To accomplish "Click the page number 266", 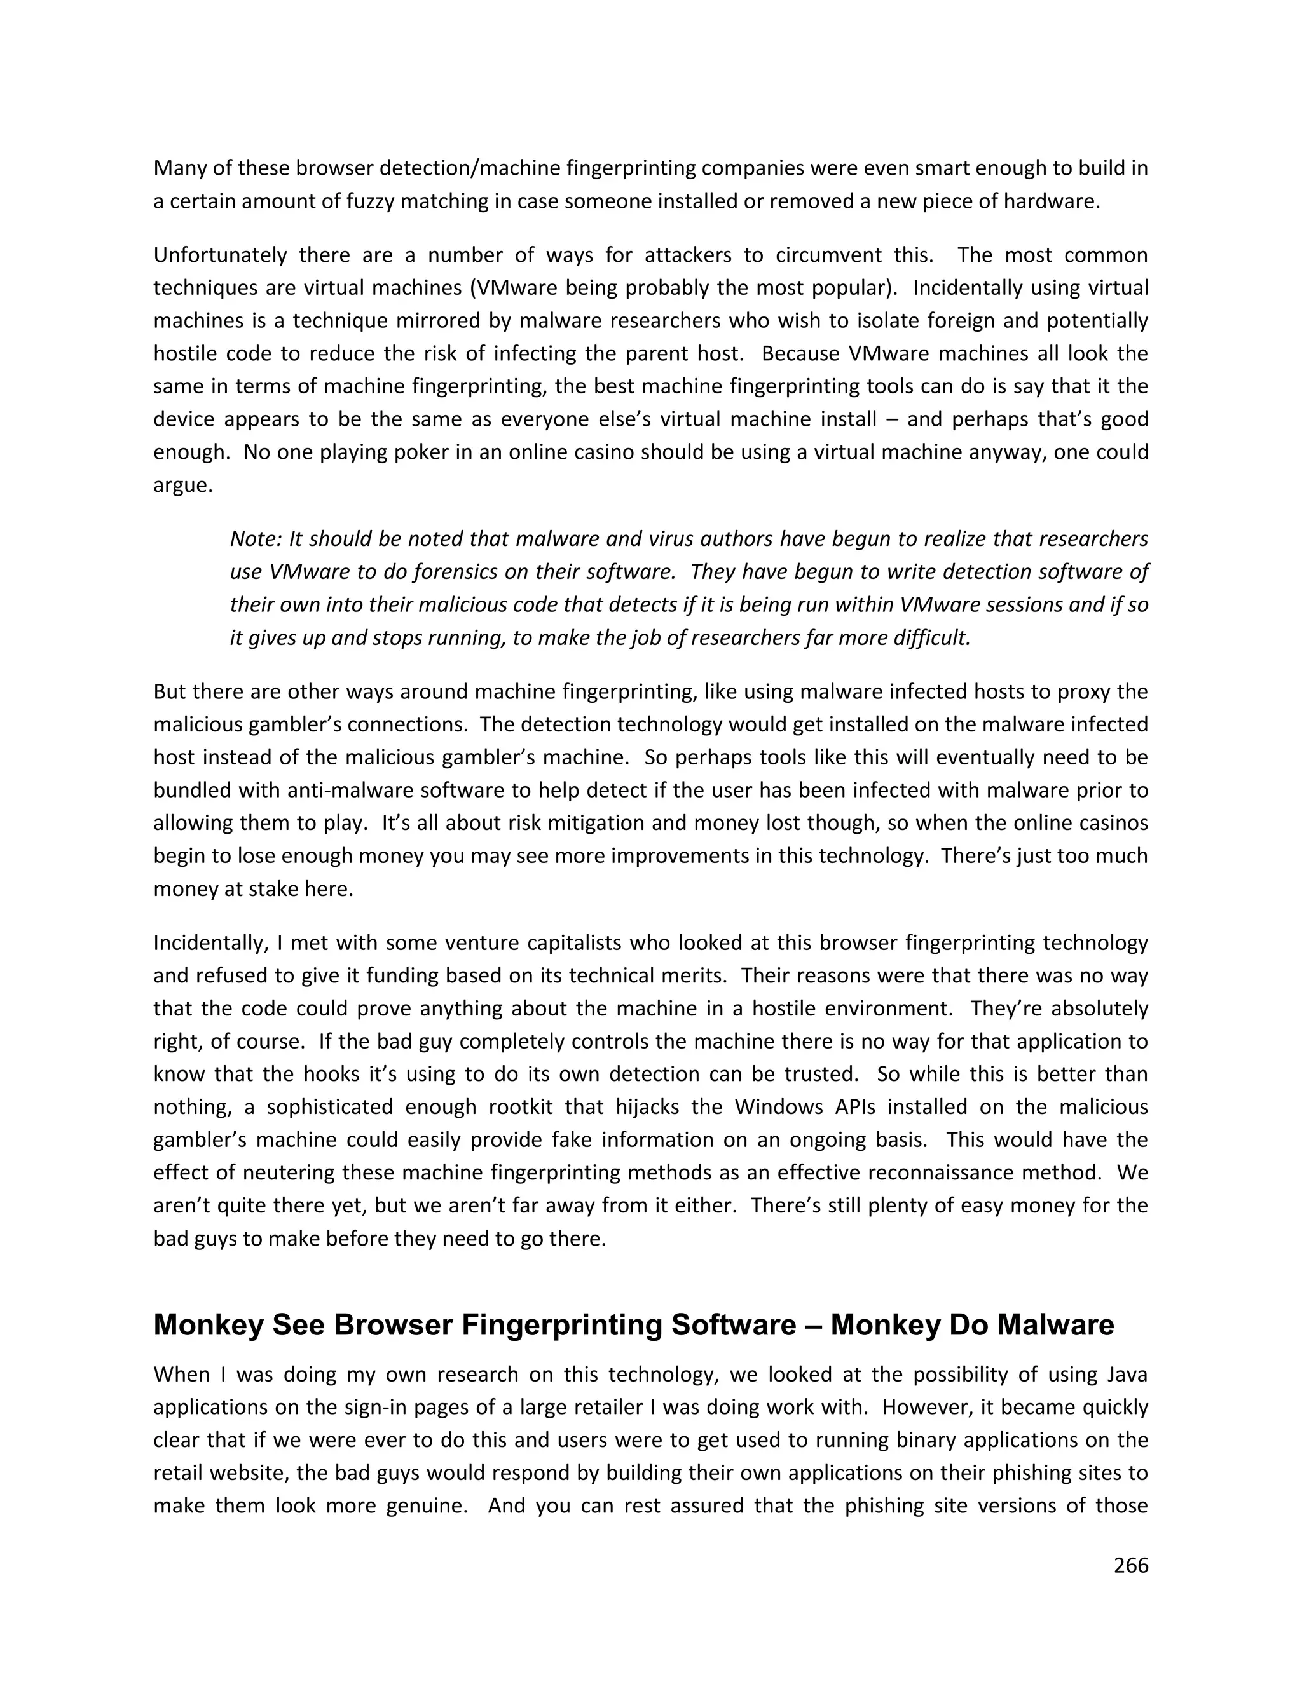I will pos(1131,1565).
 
